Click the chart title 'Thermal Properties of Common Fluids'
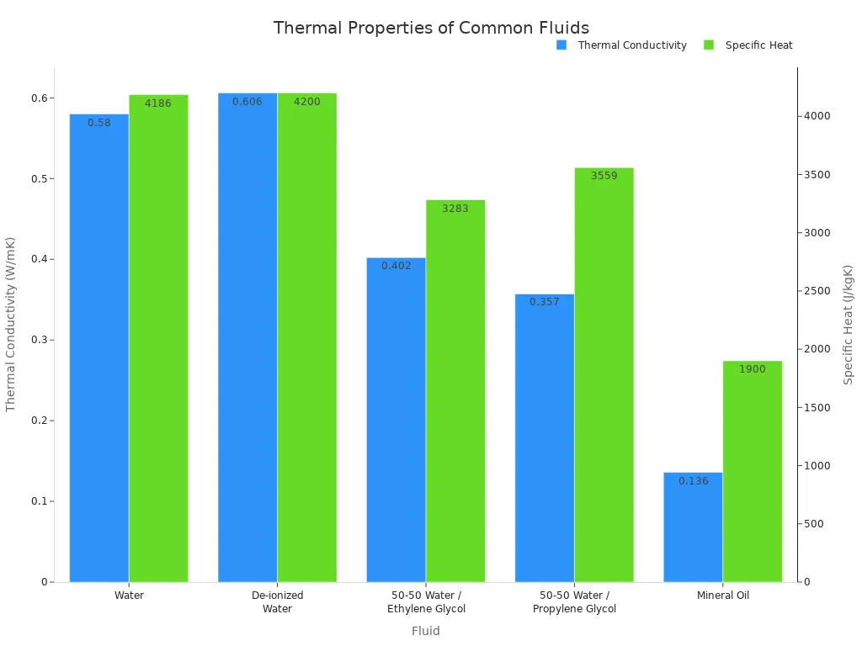tap(431, 28)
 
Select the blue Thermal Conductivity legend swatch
tap(561, 45)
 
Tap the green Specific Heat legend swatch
tap(709, 45)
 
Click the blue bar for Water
tap(99, 353)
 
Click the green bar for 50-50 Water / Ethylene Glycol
tap(455, 395)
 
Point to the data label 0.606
tap(247, 102)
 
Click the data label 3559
tap(604, 176)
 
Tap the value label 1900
tap(753, 369)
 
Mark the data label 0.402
tap(396, 266)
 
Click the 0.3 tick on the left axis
tap(39, 340)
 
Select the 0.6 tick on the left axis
tap(39, 98)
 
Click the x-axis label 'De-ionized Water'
tap(277, 601)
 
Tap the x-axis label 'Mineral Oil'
tap(722, 595)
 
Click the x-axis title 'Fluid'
tap(426, 631)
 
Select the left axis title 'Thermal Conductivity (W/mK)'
tap(11, 324)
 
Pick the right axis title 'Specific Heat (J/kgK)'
tap(848, 324)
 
